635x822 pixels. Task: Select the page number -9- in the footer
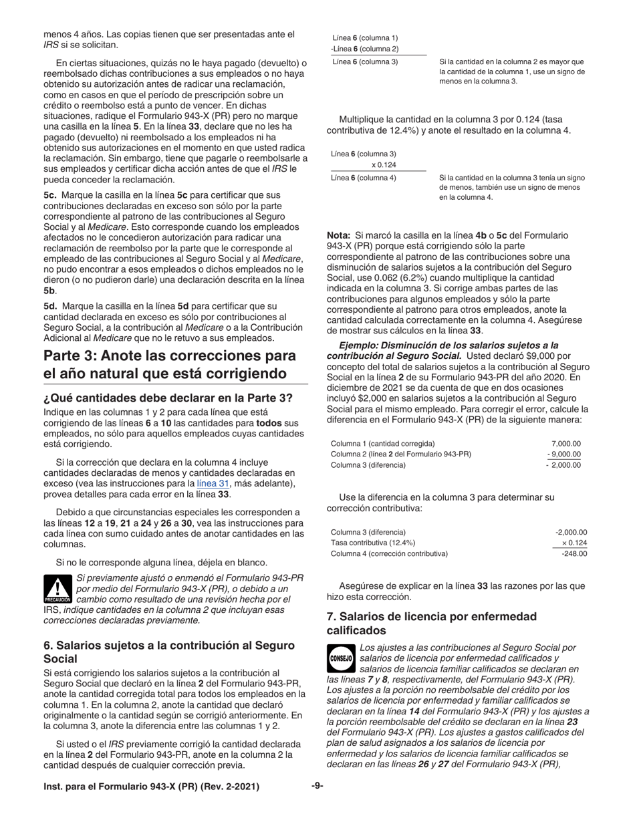click(317, 787)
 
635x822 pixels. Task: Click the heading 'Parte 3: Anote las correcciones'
click(170, 364)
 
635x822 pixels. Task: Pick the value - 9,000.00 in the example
click(563, 454)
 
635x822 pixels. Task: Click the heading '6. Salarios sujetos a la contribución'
click(168, 652)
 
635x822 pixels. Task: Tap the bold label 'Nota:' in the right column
click(338, 236)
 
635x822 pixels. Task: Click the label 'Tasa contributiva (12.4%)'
click(373, 543)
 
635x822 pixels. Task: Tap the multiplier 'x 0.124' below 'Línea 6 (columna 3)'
click(384, 165)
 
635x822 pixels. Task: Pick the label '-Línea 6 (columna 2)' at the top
click(364, 49)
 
